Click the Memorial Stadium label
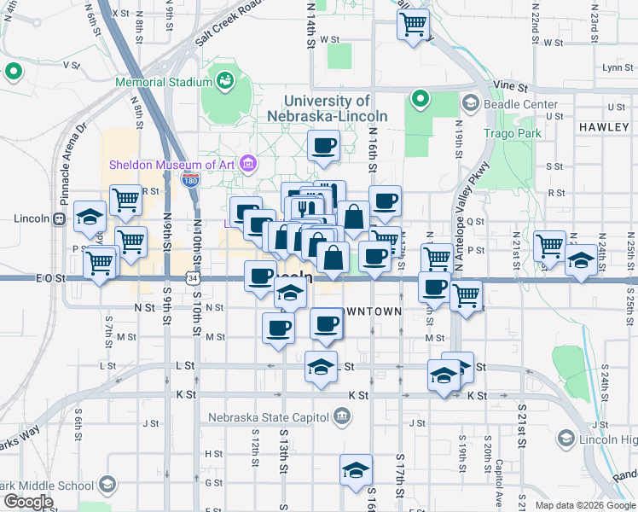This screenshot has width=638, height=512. (x=165, y=82)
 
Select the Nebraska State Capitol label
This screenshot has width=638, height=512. (x=269, y=417)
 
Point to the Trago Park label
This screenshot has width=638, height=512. (x=512, y=134)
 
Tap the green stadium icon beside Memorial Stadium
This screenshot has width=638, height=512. (x=226, y=81)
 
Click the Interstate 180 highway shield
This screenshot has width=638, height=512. (x=191, y=180)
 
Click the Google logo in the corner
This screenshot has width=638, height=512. (x=28, y=502)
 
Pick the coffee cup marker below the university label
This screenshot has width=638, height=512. (x=323, y=146)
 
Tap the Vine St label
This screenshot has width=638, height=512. (x=511, y=87)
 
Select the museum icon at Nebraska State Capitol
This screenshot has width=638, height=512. (x=341, y=417)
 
